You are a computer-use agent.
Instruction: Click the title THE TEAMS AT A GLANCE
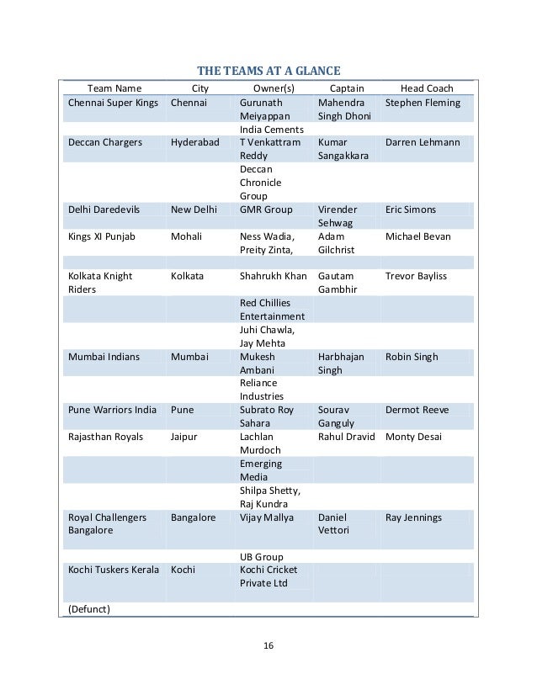[x=268, y=70]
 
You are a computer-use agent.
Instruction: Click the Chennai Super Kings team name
[x=113, y=103]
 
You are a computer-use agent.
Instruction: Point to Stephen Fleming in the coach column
[x=423, y=103]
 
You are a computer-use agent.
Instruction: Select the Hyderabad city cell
[x=195, y=143]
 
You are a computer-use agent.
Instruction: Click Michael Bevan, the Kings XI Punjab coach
[x=418, y=236]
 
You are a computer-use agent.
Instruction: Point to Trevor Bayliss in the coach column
[x=416, y=276]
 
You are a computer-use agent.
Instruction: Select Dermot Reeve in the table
[x=417, y=410]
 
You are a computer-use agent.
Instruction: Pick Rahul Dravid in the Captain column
[x=348, y=437]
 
